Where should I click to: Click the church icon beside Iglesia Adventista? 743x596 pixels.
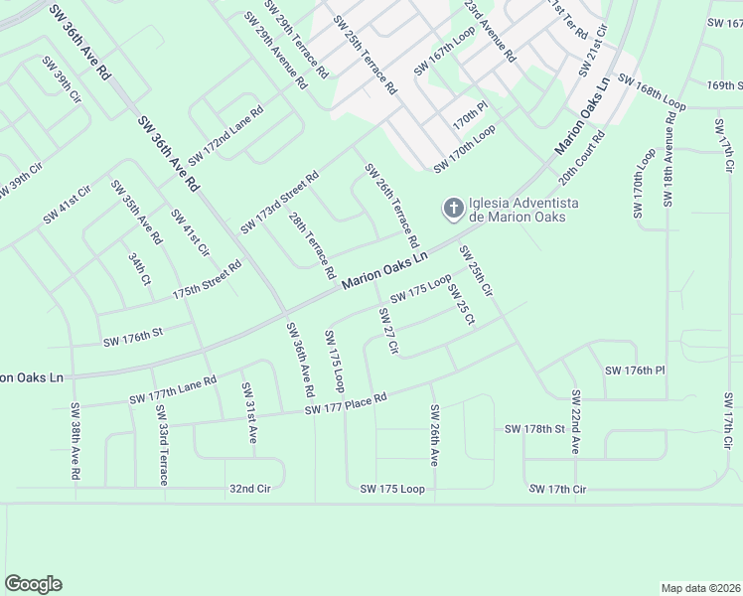click(453, 209)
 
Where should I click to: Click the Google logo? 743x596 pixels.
click(33, 584)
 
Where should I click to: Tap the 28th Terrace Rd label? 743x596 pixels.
click(311, 244)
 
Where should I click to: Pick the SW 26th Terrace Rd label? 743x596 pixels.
click(392, 206)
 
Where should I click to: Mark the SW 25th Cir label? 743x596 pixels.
click(475, 271)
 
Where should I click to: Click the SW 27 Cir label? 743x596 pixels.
click(387, 331)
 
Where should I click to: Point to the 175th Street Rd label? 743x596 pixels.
click(207, 281)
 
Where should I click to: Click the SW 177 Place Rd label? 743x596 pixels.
click(345, 402)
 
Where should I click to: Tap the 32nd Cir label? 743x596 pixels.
click(249, 489)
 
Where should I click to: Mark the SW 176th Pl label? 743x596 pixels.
click(634, 371)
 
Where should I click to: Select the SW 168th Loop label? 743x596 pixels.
click(652, 90)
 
